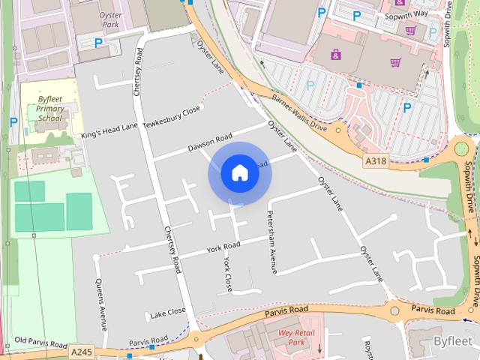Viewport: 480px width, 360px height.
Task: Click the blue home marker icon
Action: click(x=239, y=173)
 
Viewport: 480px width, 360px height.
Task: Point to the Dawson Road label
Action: click(x=210, y=142)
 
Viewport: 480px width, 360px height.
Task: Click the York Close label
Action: click(x=228, y=274)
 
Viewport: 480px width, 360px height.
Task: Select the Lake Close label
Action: click(x=167, y=311)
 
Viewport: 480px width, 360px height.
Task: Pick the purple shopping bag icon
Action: click(x=335, y=53)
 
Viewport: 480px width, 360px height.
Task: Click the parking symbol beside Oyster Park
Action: click(x=98, y=43)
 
